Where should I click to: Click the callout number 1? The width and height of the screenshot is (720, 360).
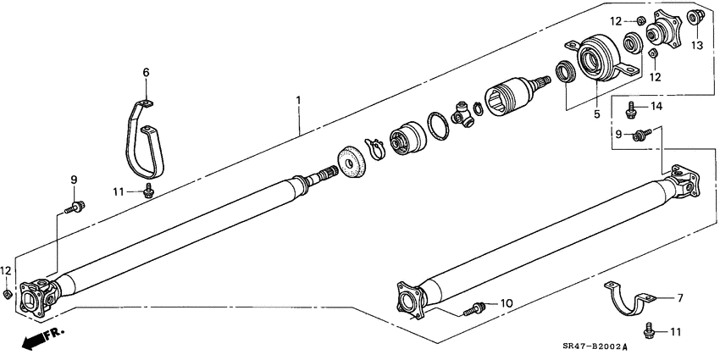point(298,99)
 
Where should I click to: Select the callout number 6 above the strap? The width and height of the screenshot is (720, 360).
point(145,73)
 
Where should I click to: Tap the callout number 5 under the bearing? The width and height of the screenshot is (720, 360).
point(596,113)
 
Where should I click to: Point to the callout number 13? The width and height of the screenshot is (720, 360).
point(697,44)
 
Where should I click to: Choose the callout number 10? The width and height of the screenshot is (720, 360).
point(507,302)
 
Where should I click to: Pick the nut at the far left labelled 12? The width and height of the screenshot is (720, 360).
point(8,293)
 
